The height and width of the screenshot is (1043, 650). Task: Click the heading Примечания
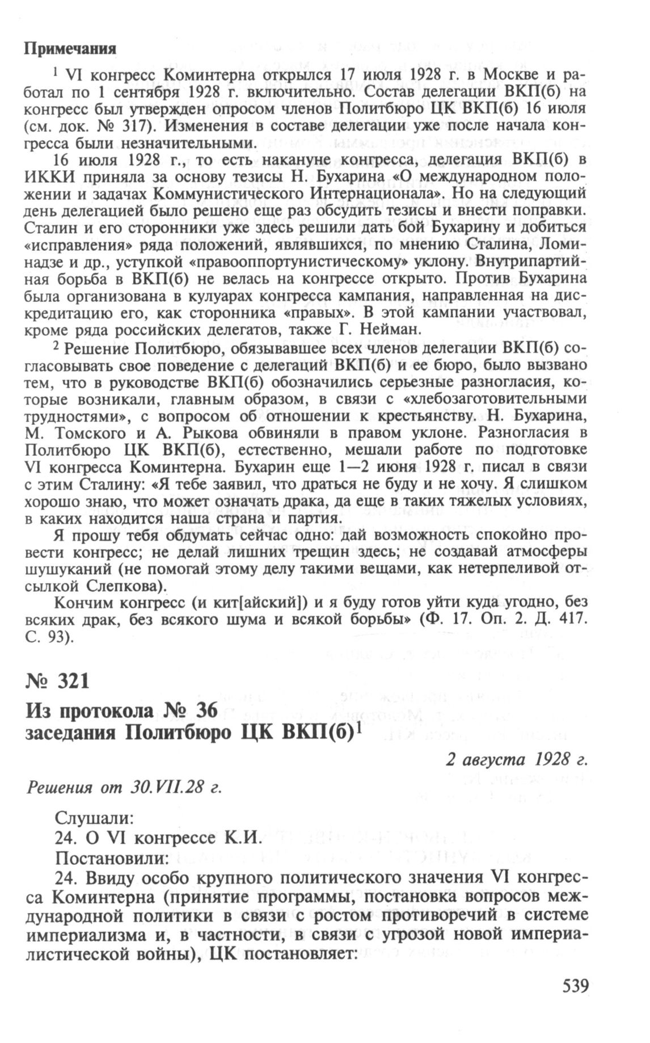pos(70,48)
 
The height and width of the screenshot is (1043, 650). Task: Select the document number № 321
pos(57,680)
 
